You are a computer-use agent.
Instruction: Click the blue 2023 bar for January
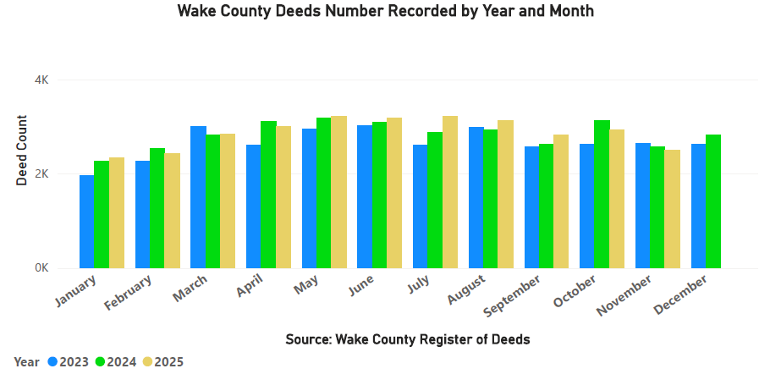[x=86, y=222]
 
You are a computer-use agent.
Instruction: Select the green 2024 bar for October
[x=602, y=195]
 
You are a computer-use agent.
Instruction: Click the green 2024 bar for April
[x=268, y=195]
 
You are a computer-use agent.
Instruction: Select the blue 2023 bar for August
[x=476, y=198]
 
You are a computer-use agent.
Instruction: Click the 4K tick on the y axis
[x=41, y=80]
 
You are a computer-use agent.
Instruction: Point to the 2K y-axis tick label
[x=41, y=173]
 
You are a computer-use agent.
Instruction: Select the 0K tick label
[x=41, y=268]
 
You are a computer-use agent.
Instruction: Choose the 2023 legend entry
[x=67, y=362]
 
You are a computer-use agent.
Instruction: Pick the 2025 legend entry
[x=162, y=362]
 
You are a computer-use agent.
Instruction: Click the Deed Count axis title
[x=22, y=151]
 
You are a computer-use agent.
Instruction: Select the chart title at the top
[x=385, y=11]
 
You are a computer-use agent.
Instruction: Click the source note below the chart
[x=407, y=339]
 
